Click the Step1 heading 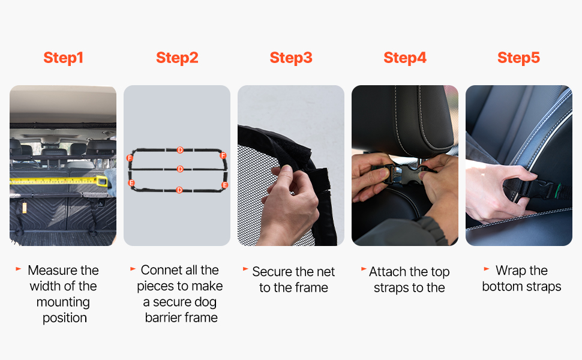pyautogui.click(x=63, y=58)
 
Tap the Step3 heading pyautogui.click(x=291, y=58)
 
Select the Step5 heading pyautogui.click(x=518, y=58)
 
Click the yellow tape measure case pyautogui.click(x=102, y=181)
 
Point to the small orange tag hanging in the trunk pyautogui.click(x=25, y=208)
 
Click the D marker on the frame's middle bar pyautogui.click(x=180, y=169)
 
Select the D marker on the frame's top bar pyautogui.click(x=180, y=150)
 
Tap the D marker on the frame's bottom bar pyautogui.click(x=179, y=190)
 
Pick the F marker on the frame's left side pyautogui.click(x=130, y=158)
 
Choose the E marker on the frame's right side pyautogui.click(x=224, y=185)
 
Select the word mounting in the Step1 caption pyautogui.click(x=63, y=302)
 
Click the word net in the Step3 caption pyautogui.click(x=326, y=272)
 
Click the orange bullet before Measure pyautogui.click(x=19, y=269)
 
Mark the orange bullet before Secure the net pyautogui.click(x=245, y=269)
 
